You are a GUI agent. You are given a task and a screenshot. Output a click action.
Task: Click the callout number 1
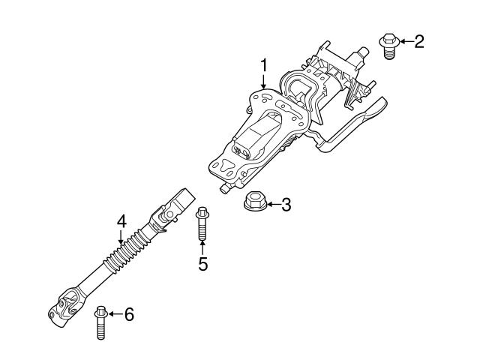pos(263,66)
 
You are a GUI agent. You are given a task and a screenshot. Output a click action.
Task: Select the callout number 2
pos(418,40)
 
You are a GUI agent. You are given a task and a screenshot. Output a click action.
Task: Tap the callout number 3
pos(286,203)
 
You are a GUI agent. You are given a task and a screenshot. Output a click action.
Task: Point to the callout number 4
pos(121,221)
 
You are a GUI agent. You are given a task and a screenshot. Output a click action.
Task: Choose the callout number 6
pos(128,315)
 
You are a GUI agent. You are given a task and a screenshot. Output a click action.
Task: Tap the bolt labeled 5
pos(202,225)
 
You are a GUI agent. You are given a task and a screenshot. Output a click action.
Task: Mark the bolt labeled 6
pos(100,322)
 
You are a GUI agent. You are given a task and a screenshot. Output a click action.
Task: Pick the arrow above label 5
pos(202,247)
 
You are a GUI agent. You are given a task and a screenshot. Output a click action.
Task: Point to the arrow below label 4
pos(121,237)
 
